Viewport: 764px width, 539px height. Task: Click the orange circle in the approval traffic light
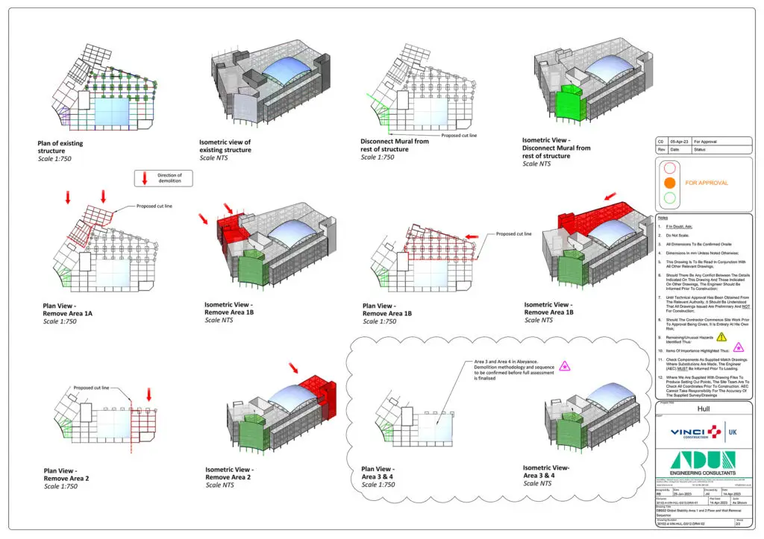(x=670, y=182)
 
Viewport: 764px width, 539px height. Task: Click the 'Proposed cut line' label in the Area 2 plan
(x=91, y=388)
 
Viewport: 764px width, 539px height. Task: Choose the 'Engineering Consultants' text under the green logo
(x=702, y=473)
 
